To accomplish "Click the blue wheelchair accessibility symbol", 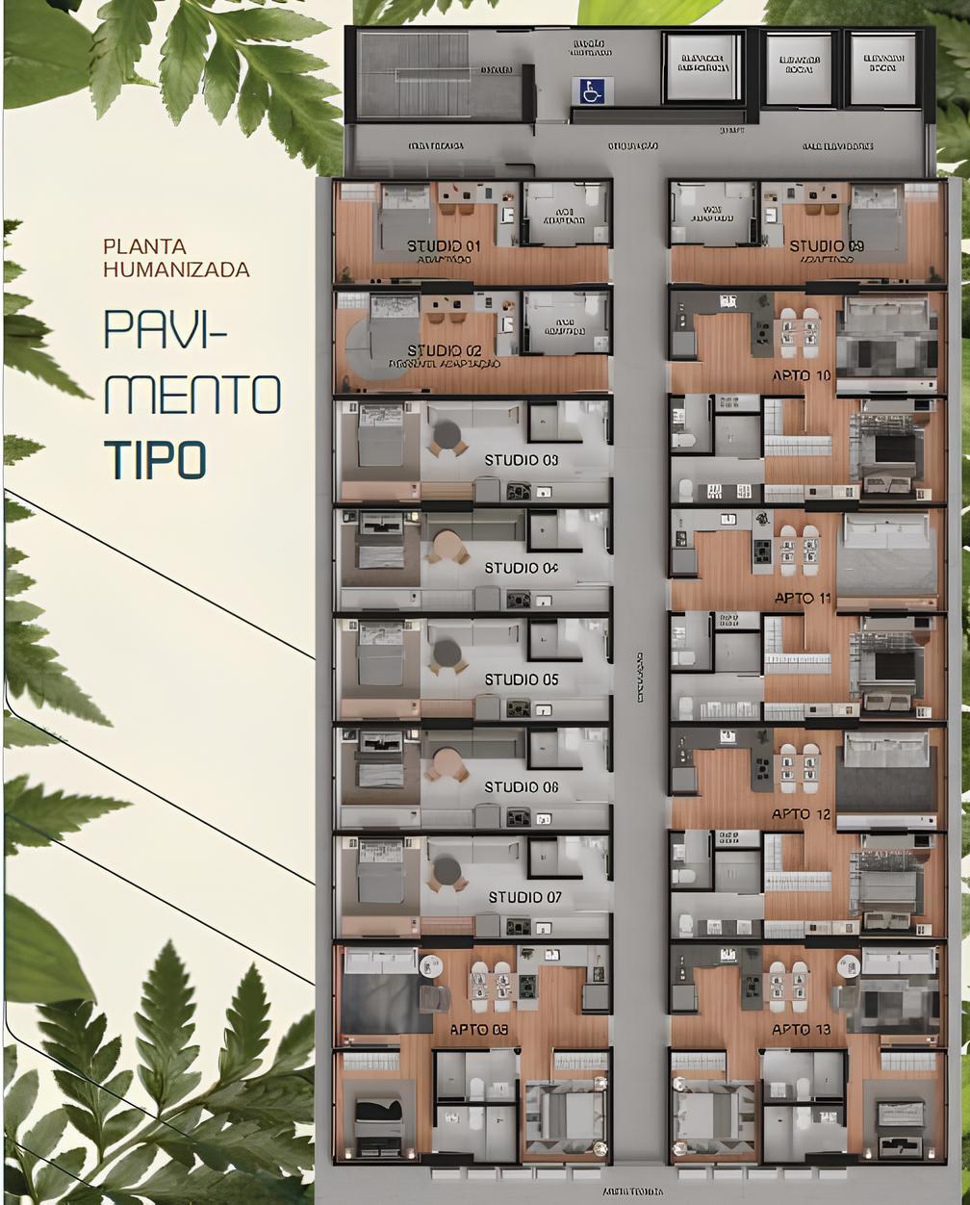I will pos(588,90).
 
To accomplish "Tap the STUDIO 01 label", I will pos(443,245).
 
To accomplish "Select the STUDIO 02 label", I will pos(444,350).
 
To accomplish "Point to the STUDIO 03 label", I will pos(521,460).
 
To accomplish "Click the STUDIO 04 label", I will pos(521,568).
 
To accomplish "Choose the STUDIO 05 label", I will pos(521,679).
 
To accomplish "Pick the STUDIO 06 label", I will pos(521,787).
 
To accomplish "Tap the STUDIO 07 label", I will pos(524,897).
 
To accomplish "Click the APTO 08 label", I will pos(479,1030).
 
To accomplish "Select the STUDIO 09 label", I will pos(827,245).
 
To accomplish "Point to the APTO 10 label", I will pos(802,375).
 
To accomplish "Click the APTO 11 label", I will pos(803,599).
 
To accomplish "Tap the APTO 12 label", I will pos(801,814).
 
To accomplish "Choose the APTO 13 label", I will pos(801,1030).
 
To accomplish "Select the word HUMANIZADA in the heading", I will pos(176,270).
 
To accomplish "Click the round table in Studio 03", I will pos(446,436).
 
